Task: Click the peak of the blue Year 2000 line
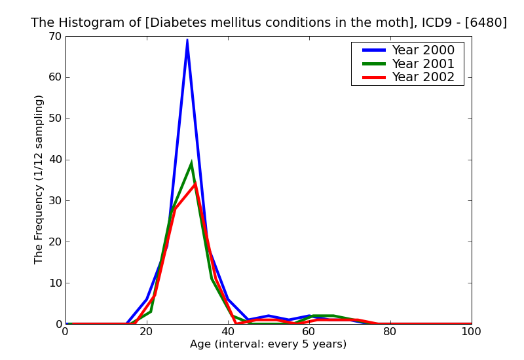(187, 40)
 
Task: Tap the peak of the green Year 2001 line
(191, 163)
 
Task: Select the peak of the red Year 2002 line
(195, 184)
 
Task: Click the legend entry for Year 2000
(422, 50)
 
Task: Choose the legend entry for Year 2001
(422, 63)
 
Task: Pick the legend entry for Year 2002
(422, 77)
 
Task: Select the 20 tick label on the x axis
(147, 332)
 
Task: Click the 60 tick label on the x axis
(309, 332)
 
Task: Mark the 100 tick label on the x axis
(471, 332)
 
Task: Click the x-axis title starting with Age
(268, 344)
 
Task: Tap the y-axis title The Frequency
(39, 179)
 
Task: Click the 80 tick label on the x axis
(390, 332)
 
